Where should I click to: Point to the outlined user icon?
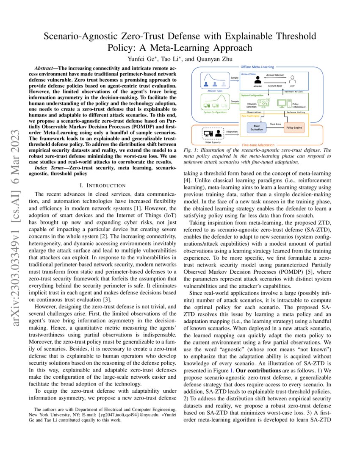292,79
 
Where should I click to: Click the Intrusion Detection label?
252,104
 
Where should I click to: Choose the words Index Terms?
48,169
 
